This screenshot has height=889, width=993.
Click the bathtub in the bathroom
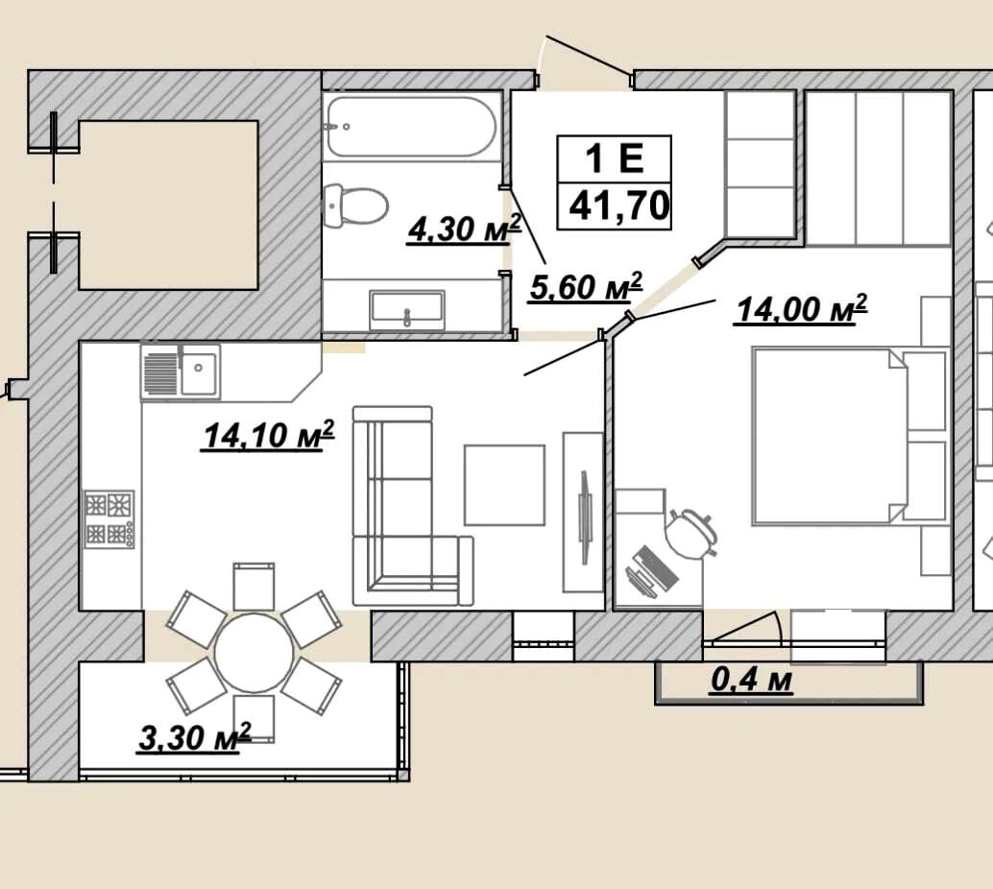(x=410, y=126)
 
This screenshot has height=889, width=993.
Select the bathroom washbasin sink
(x=407, y=309)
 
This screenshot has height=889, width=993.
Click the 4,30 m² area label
(x=464, y=229)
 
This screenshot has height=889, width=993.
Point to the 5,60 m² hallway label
(x=586, y=287)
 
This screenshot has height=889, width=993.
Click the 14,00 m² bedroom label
(x=801, y=310)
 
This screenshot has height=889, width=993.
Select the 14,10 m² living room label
(x=268, y=436)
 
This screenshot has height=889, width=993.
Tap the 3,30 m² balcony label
(x=195, y=737)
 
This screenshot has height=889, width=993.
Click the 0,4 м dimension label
(x=752, y=681)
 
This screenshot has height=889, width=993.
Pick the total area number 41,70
(x=618, y=205)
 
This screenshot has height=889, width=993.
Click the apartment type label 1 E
(x=614, y=158)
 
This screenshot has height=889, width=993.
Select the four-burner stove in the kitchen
(x=109, y=519)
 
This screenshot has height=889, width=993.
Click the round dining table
(x=254, y=652)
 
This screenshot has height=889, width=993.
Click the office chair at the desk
(x=690, y=534)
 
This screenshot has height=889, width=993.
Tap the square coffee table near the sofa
(x=505, y=485)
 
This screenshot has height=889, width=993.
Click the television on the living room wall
(x=585, y=517)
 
